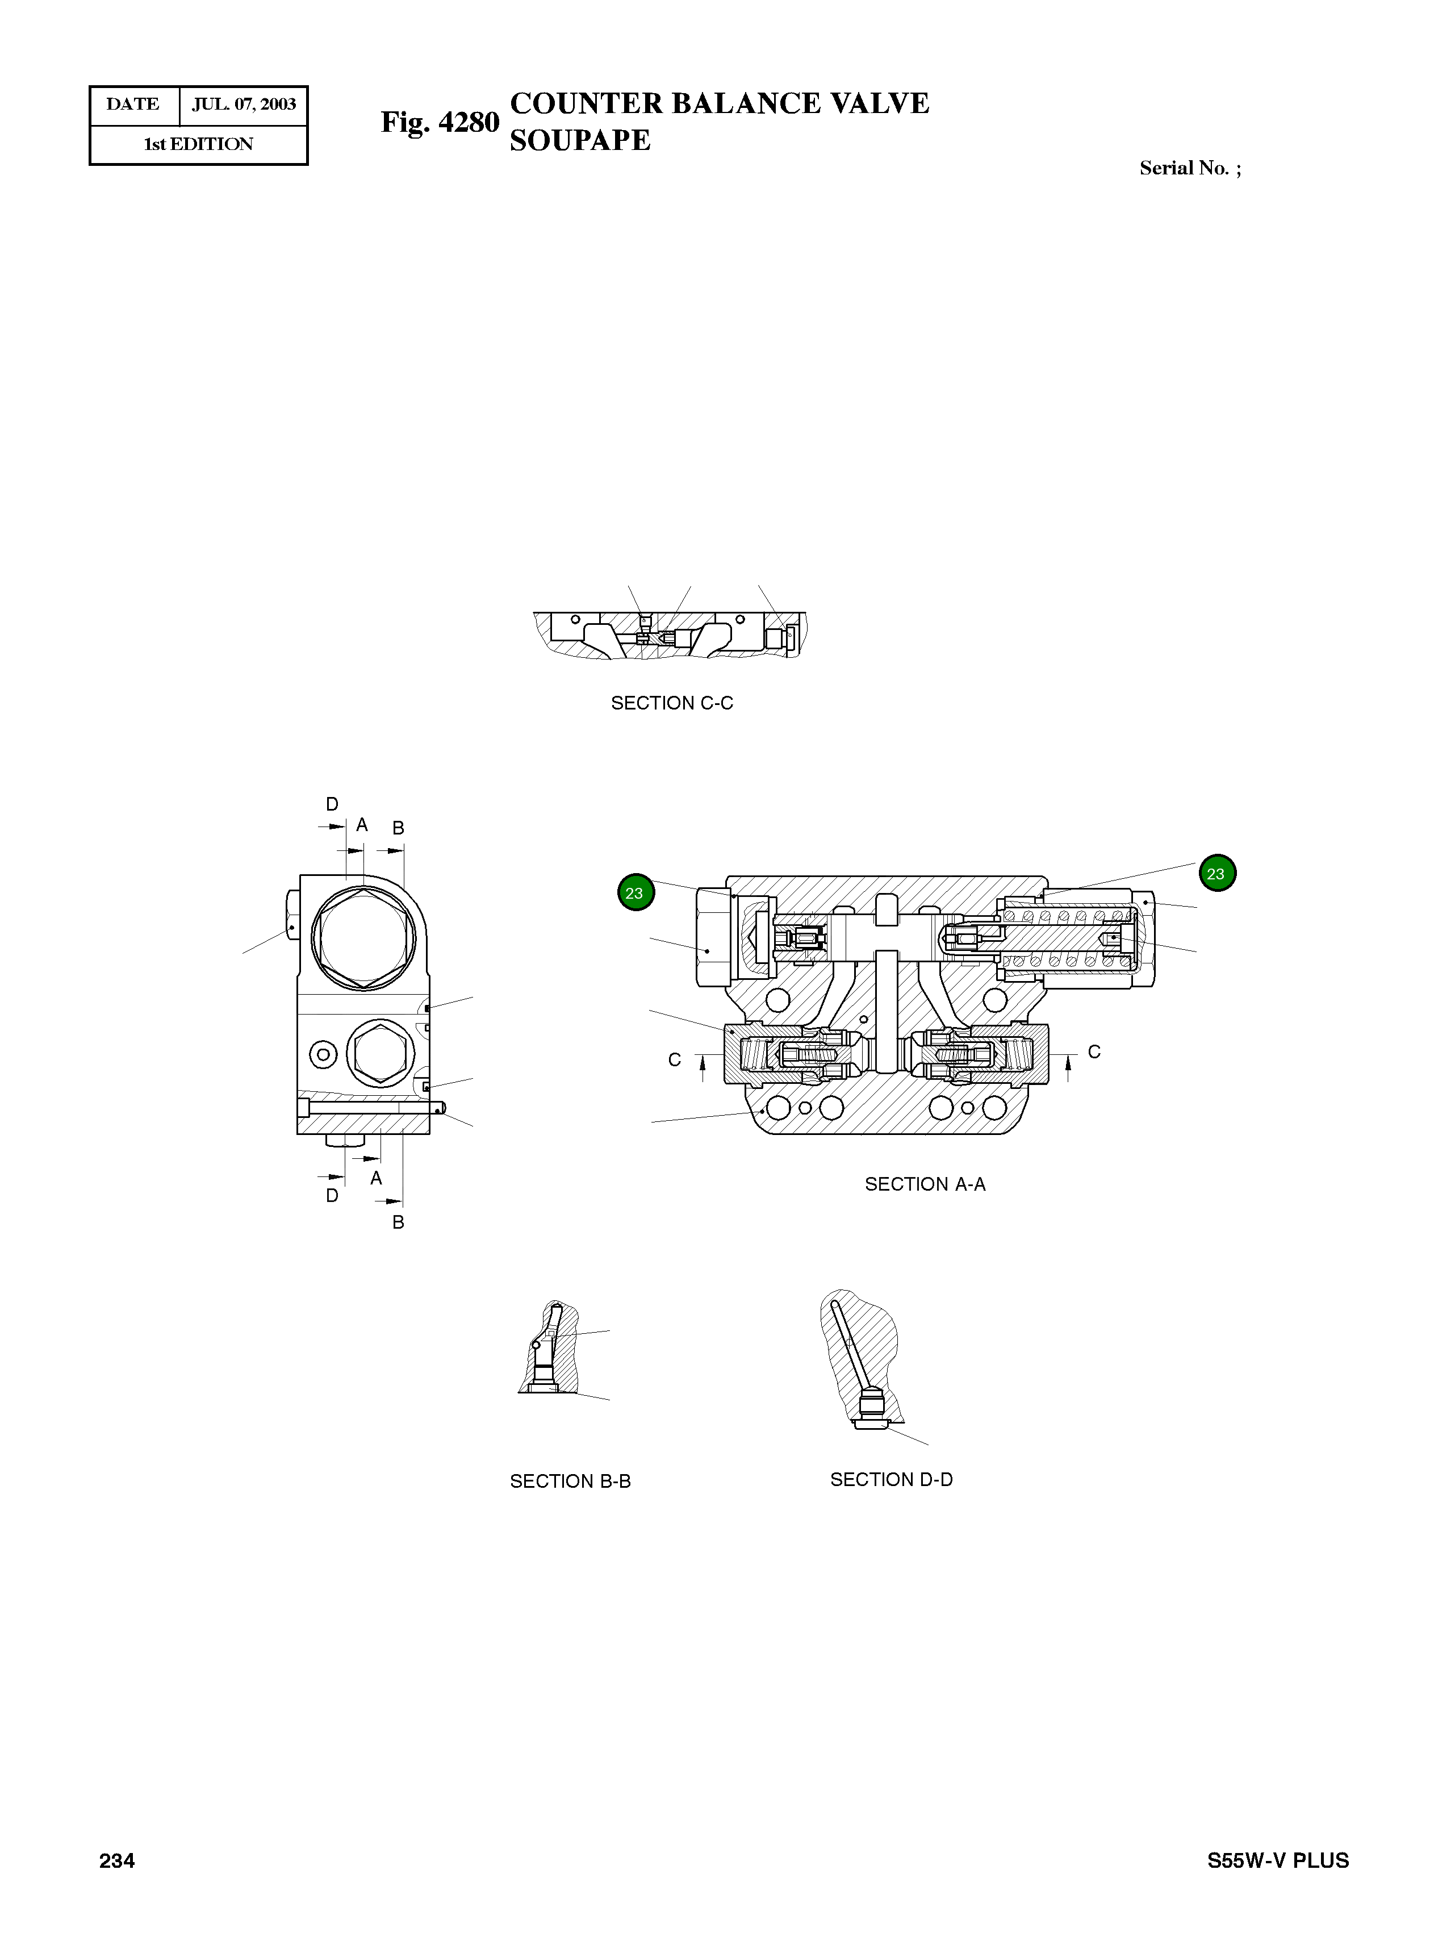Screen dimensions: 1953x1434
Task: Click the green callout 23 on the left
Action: click(636, 892)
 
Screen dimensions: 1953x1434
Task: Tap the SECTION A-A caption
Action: click(925, 1184)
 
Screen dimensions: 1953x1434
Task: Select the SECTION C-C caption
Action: click(672, 703)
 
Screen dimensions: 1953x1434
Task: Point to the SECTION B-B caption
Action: click(570, 1481)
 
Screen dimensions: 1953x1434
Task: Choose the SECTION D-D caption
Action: click(892, 1479)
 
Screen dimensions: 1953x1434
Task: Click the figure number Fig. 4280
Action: click(440, 122)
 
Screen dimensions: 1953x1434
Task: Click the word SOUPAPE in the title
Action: click(580, 141)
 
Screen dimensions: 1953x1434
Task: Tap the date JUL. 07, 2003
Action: click(244, 104)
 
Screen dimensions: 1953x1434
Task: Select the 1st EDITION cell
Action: click(199, 144)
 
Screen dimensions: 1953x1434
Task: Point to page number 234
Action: click(117, 1860)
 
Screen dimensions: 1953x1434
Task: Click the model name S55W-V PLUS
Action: click(1278, 1860)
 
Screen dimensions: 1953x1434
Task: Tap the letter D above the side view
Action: click(332, 804)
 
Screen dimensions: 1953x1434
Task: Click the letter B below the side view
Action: click(399, 1222)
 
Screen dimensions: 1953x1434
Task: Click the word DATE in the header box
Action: click(133, 104)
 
